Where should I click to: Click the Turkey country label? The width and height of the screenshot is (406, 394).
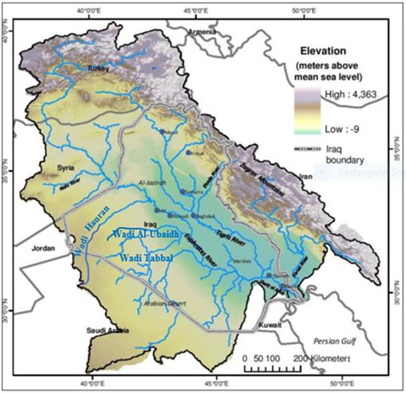[98, 68]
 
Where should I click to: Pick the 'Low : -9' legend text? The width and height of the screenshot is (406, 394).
[342, 129]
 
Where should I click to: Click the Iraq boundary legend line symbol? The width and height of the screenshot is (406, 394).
[308, 148]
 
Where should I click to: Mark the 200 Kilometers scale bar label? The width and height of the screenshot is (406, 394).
[322, 357]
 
